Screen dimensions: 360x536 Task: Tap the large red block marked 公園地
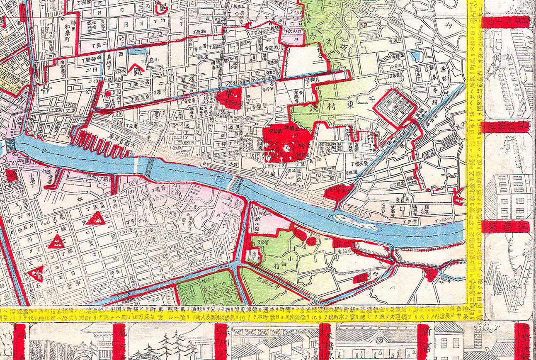(x=286, y=143)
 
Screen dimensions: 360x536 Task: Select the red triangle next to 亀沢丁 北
(x=96, y=219)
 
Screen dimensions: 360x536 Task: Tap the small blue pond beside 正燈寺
(x=415, y=56)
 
